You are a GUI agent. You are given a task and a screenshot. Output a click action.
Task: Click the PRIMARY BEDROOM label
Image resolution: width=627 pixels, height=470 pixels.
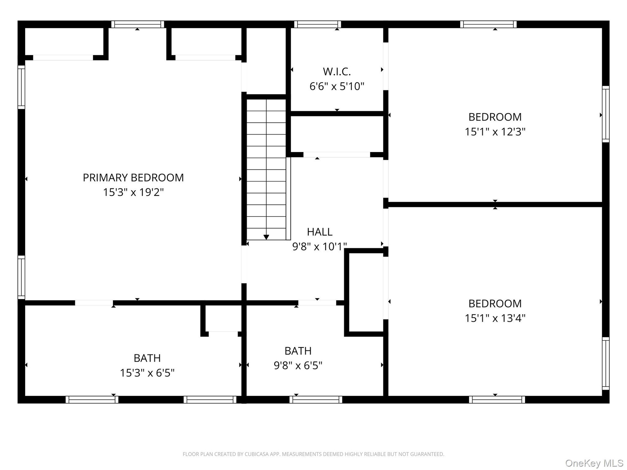[x=133, y=178]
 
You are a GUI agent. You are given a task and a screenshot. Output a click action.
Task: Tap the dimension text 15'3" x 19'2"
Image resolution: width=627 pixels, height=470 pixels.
[x=133, y=192]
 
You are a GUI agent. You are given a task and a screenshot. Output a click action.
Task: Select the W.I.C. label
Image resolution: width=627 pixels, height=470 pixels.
[x=337, y=71]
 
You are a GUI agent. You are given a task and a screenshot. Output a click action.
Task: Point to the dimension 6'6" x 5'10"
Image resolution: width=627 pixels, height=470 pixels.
[x=337, y=86]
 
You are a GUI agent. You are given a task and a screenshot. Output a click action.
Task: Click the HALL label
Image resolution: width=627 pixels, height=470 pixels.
[x=320, y=232]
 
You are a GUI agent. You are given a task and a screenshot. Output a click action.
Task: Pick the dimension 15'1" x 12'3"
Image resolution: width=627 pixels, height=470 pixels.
[x=495, y=132]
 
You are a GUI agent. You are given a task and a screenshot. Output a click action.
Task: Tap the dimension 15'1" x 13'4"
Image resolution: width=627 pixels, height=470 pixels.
[x=495, y=318]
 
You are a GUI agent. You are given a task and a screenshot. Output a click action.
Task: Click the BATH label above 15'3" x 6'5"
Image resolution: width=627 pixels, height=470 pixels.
[x=147, y=358]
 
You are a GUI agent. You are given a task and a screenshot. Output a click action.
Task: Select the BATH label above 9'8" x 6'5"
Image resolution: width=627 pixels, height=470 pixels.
[x=298, y=351]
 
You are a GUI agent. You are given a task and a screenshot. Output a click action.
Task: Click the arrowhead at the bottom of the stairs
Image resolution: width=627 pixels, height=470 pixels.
[x=266, y=237]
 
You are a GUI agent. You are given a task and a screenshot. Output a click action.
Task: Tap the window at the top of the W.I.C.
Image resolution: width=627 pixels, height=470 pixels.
[x=317, y=24]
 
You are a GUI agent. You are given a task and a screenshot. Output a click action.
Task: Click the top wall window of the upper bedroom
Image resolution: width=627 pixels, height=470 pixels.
[x=489, y=24]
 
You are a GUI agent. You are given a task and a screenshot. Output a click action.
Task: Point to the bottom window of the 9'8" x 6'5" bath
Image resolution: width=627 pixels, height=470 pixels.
[x=316, y=399]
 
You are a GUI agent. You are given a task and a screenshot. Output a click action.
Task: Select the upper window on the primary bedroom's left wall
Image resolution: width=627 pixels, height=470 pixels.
[x=21, y=87]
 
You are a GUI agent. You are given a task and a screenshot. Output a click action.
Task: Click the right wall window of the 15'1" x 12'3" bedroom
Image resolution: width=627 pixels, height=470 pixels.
[x=606, y=114]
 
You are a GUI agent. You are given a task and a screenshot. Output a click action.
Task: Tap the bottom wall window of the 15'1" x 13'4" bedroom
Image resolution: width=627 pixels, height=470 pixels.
[x=497, y=399]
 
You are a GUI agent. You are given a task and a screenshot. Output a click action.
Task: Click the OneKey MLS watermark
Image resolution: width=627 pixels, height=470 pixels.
[x=594, y=463]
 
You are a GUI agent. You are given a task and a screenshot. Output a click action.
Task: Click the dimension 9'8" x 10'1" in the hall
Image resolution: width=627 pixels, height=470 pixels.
[x=319, y=246]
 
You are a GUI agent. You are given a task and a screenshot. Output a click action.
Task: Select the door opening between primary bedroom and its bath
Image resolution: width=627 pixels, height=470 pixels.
[x=94, y=303]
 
